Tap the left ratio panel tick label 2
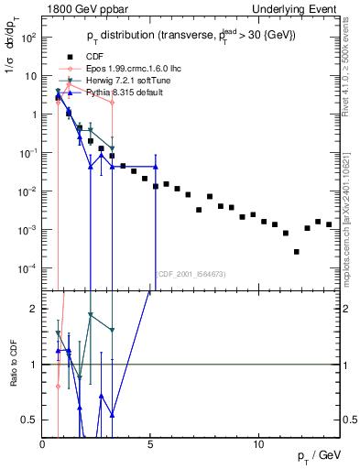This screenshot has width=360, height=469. pyautogui.click(x=34, y=310)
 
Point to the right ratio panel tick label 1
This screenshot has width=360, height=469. pyautogui.click(x=347, y=365)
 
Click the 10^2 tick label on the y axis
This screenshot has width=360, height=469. pyautogui.click(x=28, y=38)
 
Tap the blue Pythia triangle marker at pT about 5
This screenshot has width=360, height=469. pyautogui.click(x=156, y=168)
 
